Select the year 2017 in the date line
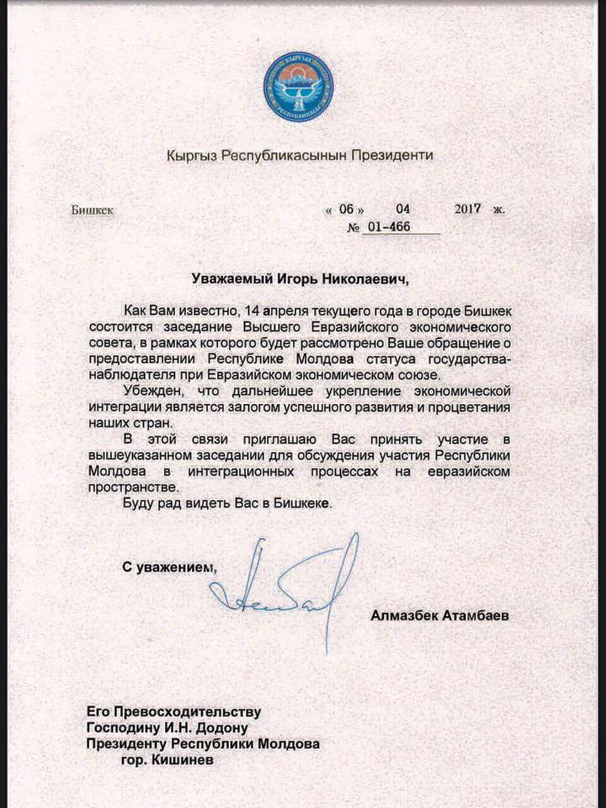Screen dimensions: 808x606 pyautogui.click(x=467, y=209)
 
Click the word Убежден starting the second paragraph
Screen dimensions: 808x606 pyautogui.click(x=152, y=391)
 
